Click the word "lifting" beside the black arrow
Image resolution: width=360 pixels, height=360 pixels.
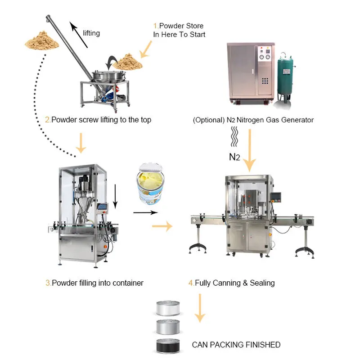(91, 33)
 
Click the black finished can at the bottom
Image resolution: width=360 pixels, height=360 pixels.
(168, 345)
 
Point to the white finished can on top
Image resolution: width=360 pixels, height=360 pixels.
(168, 308)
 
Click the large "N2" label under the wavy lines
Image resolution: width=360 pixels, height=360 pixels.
(234, 157)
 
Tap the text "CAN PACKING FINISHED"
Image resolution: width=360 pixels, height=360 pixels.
(236, 345)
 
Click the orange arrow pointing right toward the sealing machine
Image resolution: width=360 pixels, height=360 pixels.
(162, 226)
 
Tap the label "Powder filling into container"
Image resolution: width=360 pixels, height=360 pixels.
(97, 283)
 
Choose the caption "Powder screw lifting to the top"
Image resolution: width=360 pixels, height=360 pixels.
(101, 120)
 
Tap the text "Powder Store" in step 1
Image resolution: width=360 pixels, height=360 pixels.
(181, 26)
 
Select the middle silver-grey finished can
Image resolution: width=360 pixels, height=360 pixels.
(168, 327)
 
